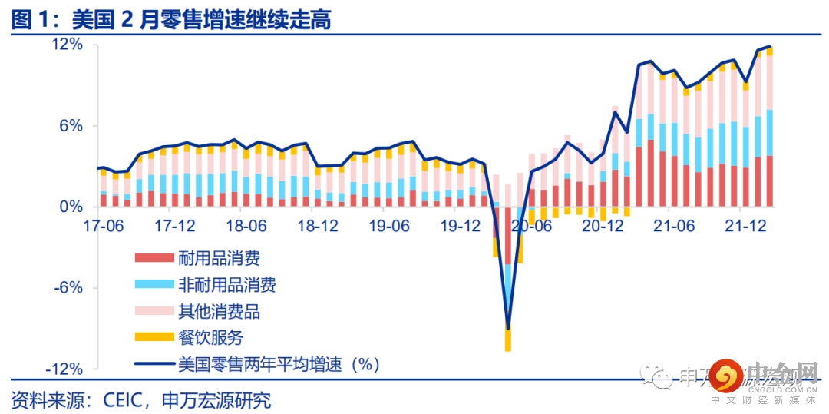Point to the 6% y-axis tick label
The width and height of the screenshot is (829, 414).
(x=68, y=126)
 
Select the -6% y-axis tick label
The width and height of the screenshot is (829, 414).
(x=66, y=288)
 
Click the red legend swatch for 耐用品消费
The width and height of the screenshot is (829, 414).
(x=154, y=259)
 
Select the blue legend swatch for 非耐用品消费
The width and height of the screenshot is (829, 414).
(x=154, y=285)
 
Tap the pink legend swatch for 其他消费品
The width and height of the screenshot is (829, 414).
(x=154, y=311)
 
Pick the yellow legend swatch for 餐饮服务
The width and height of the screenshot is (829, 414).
(x=154, y=337)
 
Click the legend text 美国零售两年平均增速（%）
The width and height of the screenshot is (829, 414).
(x=279, y=363)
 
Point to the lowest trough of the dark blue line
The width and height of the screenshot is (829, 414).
(x=507, y=329)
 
